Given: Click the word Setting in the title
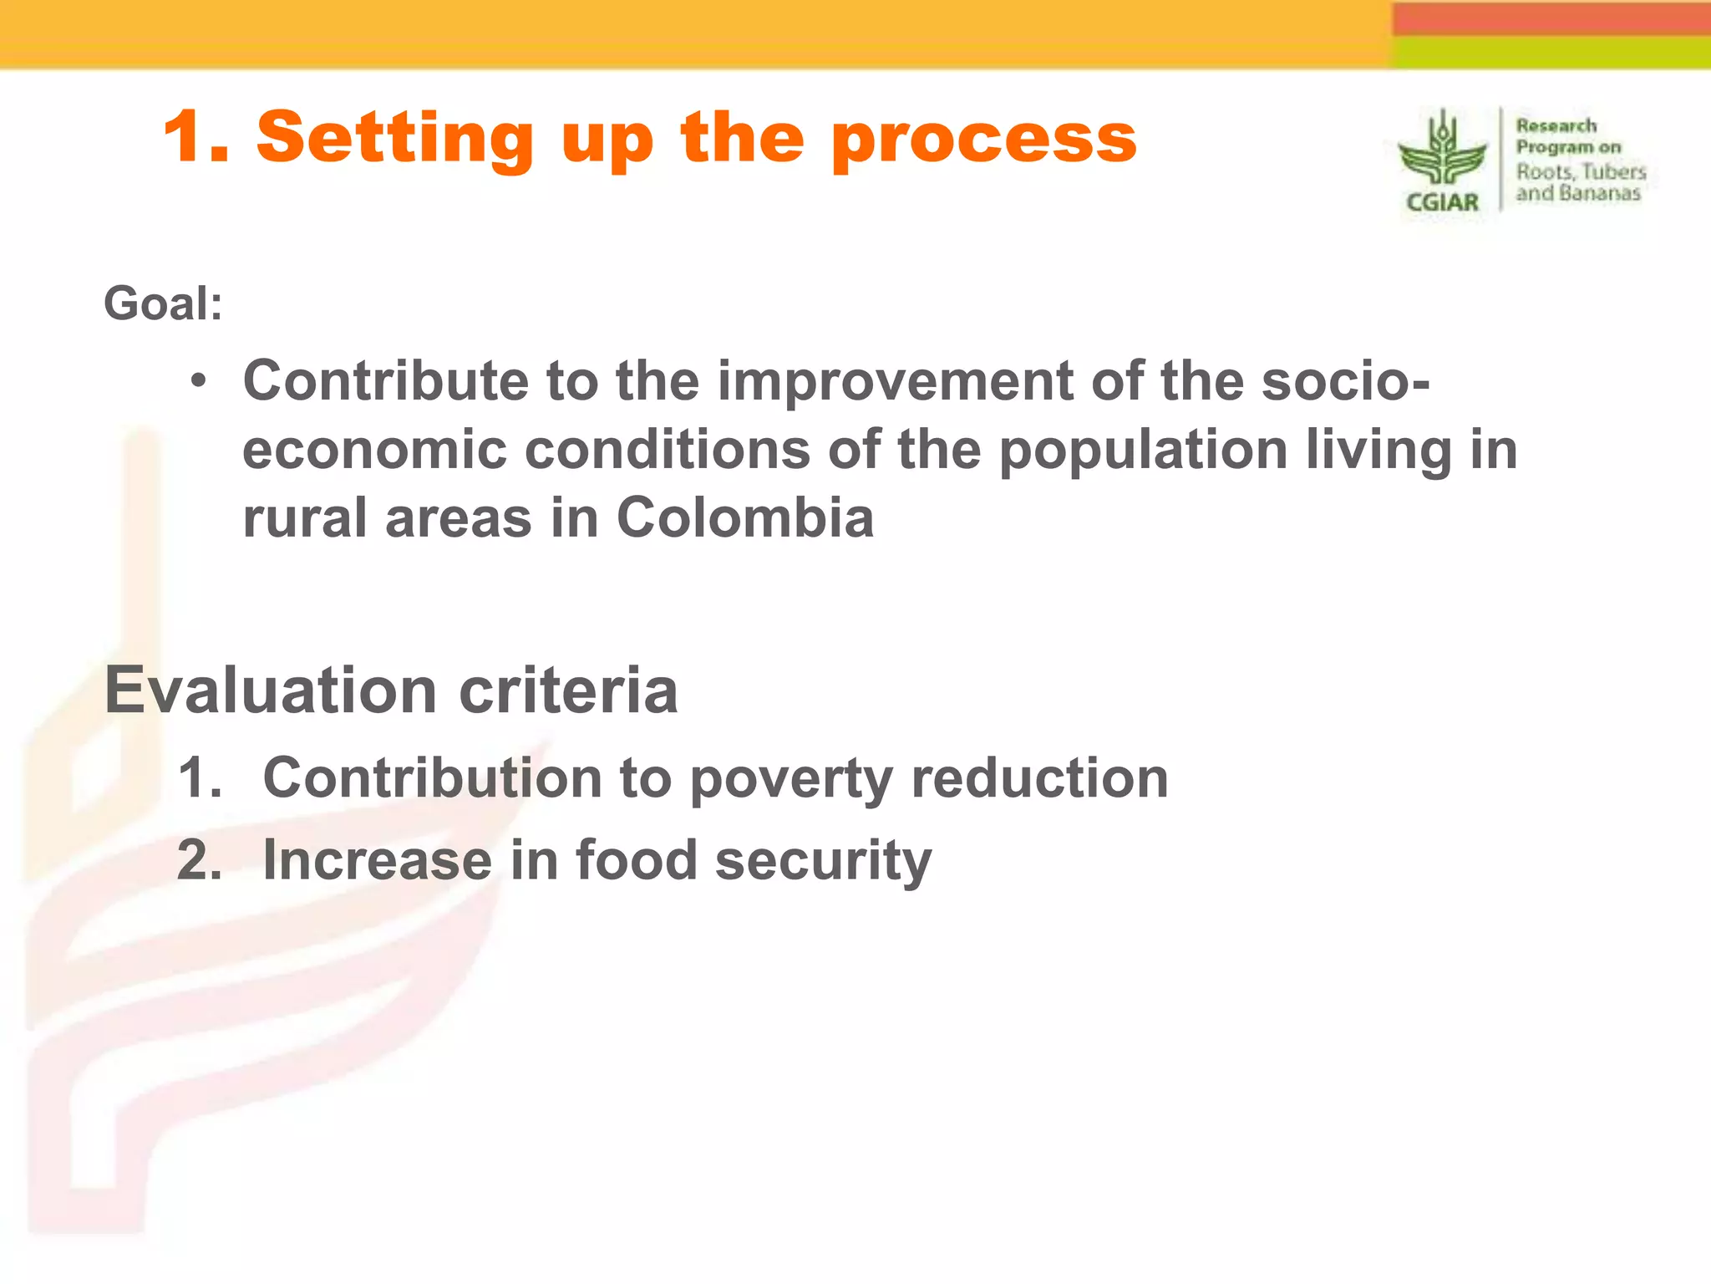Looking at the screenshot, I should tap(394, 139).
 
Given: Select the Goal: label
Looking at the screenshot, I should tap(163, 303).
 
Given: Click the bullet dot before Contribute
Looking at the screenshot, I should tap(198, 382).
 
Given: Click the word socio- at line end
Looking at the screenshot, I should tap(1345, 381).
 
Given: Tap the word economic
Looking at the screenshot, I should tap(374, 451).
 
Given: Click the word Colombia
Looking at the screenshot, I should tap(744, 518).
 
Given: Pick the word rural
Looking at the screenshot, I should tap(304, 518).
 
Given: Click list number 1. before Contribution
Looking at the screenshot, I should tap(200, 778).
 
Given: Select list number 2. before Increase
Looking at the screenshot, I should tap(200, 860).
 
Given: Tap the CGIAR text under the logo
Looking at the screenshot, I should tap(1442, 203).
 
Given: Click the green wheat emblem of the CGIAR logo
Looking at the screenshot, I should tap(1442, 151).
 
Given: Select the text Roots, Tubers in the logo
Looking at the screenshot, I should tap(1581, 172).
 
